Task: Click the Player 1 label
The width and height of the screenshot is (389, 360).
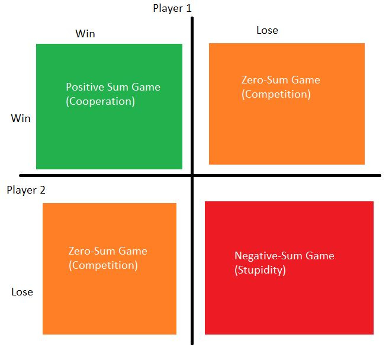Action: (x=172, y=8)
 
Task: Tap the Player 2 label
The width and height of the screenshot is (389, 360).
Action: (x=26, y=190)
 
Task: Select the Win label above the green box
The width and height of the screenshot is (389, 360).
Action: (x=85, y=34)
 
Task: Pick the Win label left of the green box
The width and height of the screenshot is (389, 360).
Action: (x=21, y=118)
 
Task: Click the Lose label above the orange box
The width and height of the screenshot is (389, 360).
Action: (x=267, y=30)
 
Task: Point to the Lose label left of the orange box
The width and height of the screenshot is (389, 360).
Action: (x=22, y=292)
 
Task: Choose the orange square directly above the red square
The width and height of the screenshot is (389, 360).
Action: (x=287, y=130)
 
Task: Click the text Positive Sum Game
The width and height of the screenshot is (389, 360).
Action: (x=113, y=87)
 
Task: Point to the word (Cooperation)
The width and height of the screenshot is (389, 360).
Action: (x=101, y=101)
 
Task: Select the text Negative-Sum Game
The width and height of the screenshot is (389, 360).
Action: (x=284, y=256)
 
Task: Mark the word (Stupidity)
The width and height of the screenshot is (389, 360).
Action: (x=261, y=271)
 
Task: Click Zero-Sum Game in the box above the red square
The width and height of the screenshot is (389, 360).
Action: (x=281, y=80)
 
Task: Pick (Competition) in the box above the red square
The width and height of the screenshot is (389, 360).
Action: (x=276, y=94)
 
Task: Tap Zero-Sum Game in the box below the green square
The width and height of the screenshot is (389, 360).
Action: (x=108, y=251)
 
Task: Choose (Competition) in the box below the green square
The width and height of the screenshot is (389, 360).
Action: (x=103, y=265)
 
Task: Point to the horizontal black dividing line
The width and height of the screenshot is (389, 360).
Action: (x=296, y=175)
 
